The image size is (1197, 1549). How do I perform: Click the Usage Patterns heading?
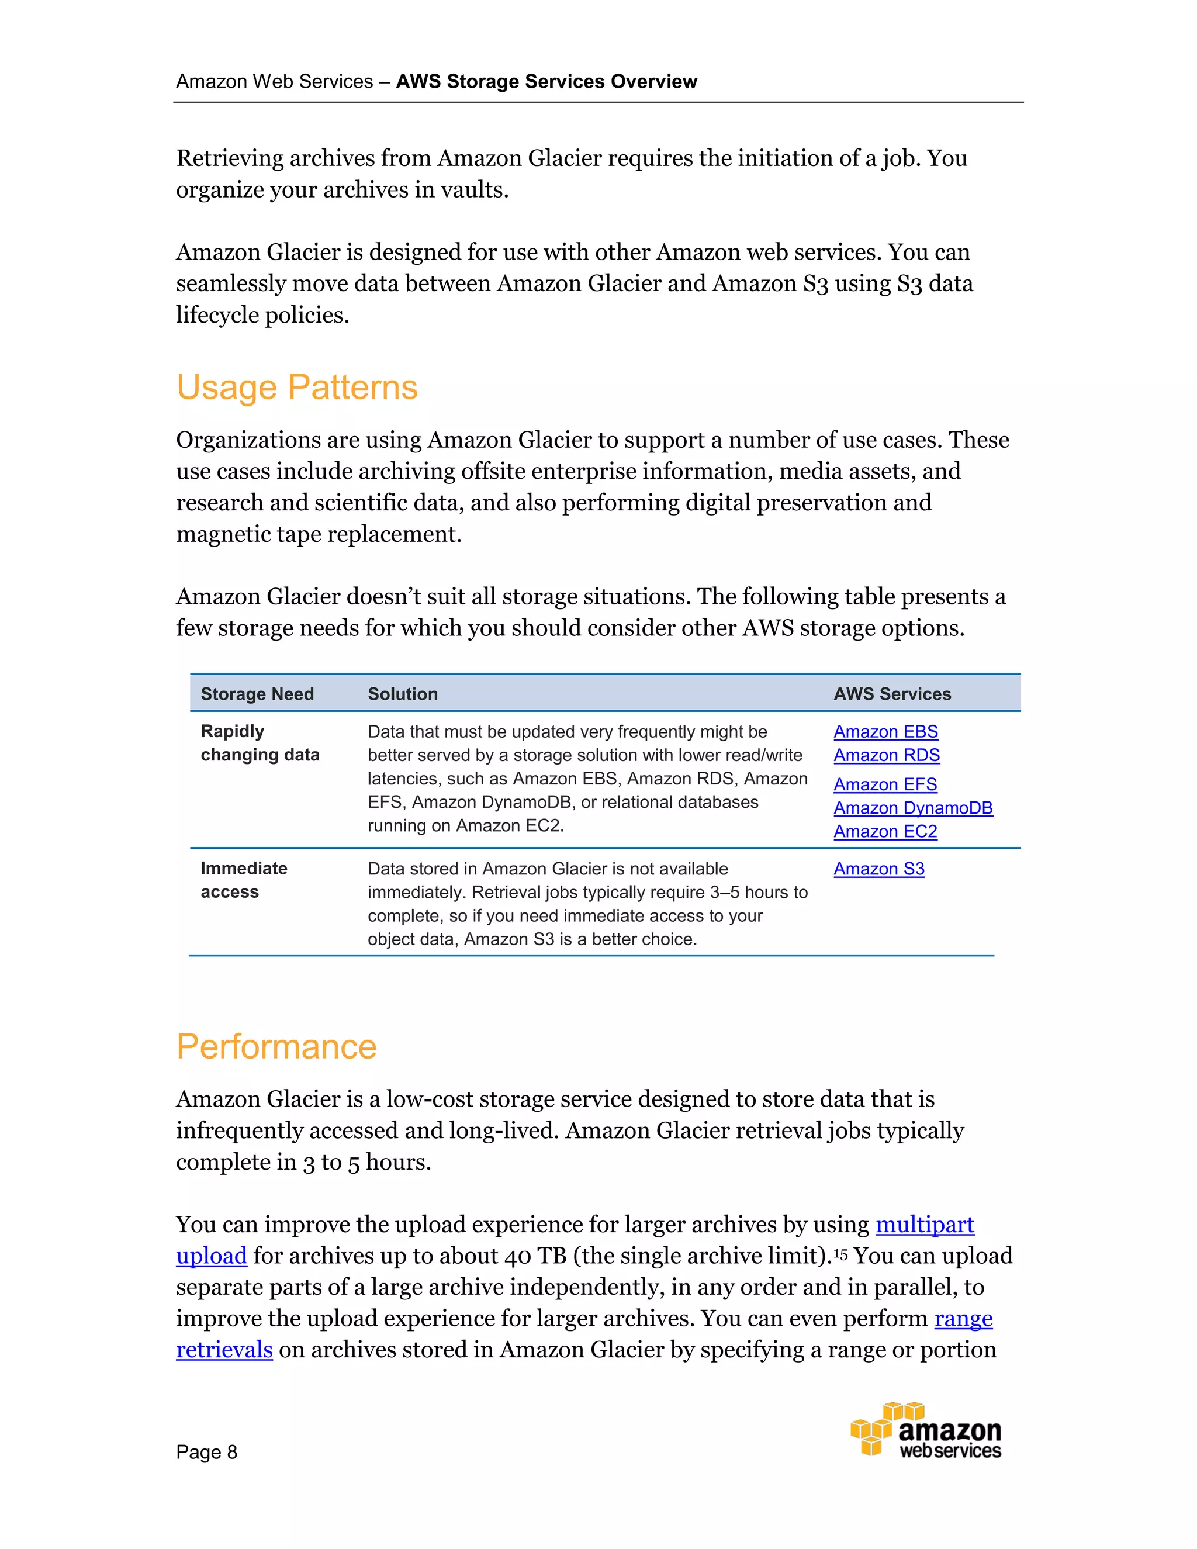coord(296,387)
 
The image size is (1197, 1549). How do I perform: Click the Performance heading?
coord(276,1047)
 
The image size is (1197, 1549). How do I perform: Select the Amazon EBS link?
coord(885,731)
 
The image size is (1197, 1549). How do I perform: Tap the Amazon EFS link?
coord(884,784)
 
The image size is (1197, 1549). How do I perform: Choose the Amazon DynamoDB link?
coord(912,808)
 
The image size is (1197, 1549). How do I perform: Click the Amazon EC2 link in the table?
coord(884,831)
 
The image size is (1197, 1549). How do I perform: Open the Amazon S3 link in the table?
coord(878,869)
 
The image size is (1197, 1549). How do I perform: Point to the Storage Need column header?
coord(257,694)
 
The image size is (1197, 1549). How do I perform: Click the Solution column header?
coord(402,694)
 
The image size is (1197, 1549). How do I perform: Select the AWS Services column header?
coord(891,694)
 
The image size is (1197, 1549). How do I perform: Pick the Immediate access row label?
coord(243,880)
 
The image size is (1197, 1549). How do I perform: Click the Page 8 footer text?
coord(206,1452)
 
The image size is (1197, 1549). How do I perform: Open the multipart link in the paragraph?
coord(924,1225)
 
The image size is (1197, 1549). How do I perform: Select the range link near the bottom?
coord(963,1319)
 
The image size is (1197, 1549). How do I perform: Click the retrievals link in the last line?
coord(224,1350)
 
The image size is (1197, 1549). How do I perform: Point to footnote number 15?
coord(840,1253)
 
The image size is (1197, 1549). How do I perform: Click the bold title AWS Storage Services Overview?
coord(546,82)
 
